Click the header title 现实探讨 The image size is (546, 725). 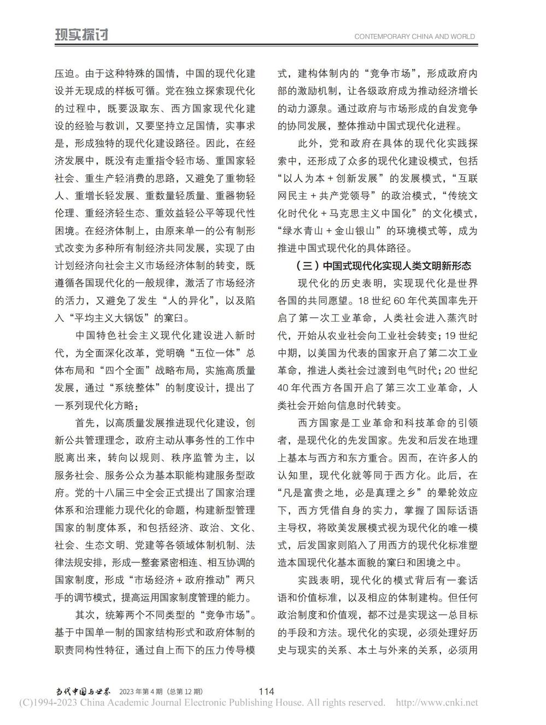tap(82, 35)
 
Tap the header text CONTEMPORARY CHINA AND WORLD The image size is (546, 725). tap(414, 37)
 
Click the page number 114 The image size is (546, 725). tap(266, 691)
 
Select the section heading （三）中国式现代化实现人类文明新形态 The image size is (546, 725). tap(383, 266)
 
